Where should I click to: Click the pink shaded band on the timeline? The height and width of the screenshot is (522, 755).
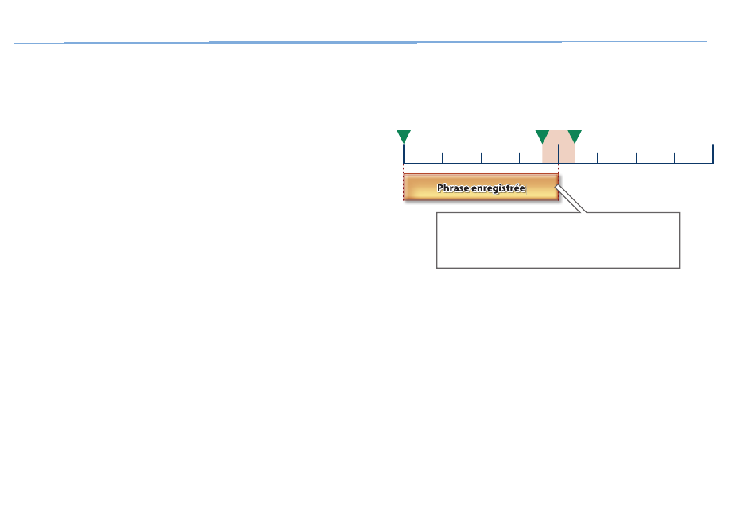pyautogui.click(x=559, y=146)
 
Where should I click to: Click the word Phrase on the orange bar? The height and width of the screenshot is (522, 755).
pyautogui.click(x=453, y=188)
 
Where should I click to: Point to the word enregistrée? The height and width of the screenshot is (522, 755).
pyautogui.click(x=498, y=188)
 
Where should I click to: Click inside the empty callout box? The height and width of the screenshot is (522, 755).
pyautogui.click(x=558, y=240)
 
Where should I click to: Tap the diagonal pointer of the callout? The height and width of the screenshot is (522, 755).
pyautogui.click(x=571, y=199)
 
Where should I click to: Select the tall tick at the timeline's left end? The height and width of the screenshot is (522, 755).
pyautogui.click(x=404, y=153)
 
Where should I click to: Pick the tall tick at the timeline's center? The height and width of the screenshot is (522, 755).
pyautogui.click(x=559, y=153)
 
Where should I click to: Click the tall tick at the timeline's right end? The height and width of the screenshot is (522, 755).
pyautogui.click(x=713, y=153)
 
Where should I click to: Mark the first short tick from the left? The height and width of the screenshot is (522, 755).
pyautogui.click(x=442, y=158)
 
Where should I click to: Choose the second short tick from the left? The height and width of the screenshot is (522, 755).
pyautogui.click(x=481, y=158)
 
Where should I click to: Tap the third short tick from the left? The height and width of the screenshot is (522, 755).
pyautogui.click(x=519, y=158)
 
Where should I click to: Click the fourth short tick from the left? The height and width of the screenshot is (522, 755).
pyautogui.click(x=597, y=158)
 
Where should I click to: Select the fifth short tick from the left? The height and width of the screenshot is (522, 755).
pyautogui.click(x=636, y=158)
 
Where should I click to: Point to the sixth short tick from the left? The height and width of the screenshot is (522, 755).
pyautogui.click(x=674, y=158)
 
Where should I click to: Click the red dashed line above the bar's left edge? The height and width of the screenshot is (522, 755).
pyautogui.click(x=404, y=169)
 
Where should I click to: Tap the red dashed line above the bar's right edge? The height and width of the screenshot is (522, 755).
pyautogui.click(x=559, y=169)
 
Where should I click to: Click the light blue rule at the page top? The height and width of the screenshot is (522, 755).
pyautogui.click(x=364, y=42)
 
